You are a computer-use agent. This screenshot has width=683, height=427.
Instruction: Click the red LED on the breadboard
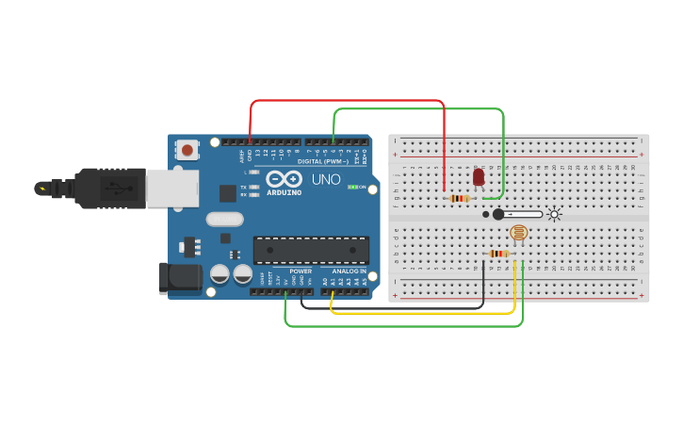[x=479, y=176]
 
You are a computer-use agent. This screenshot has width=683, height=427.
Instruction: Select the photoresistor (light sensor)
[x=518, y=232]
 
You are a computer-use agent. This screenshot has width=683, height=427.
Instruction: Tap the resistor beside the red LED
[x=460, y=198]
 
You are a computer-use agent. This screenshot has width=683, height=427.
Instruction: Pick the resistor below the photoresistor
[x=498, y=253]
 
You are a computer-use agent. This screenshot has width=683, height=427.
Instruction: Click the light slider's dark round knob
[x=498, y=215]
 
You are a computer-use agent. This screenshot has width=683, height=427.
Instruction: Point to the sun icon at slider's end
[x=554, y=215]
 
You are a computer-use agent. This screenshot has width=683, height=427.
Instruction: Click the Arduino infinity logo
[x=283, y=178]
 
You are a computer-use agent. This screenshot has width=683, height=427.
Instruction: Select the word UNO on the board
[x=326, y=179]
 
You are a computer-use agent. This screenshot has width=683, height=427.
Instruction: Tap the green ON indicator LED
[x=351, y=187]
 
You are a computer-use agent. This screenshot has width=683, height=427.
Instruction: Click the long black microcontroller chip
[x=310, y=250]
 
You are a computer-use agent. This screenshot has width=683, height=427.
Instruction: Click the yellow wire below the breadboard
[x=424, y=313]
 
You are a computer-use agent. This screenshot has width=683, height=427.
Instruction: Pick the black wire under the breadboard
[x=396, y=307]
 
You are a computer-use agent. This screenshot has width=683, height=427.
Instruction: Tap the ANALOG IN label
[x=349, y=271]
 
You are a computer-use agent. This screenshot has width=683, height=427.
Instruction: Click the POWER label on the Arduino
[x=301, y=271]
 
